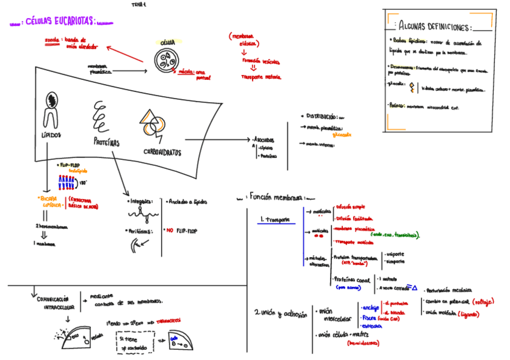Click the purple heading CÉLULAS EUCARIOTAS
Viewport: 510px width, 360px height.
(61, 22)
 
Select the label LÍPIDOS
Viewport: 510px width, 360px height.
(51, 135)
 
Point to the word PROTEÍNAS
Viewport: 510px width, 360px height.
(106, 142)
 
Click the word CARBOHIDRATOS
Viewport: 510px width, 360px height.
(163, 153)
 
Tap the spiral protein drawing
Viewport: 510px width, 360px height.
(101, 116)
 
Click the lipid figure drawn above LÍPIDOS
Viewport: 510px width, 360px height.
(52, 108)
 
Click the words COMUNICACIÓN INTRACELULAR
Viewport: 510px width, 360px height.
(55, 302)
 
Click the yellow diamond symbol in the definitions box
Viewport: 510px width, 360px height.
(411, 88)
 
